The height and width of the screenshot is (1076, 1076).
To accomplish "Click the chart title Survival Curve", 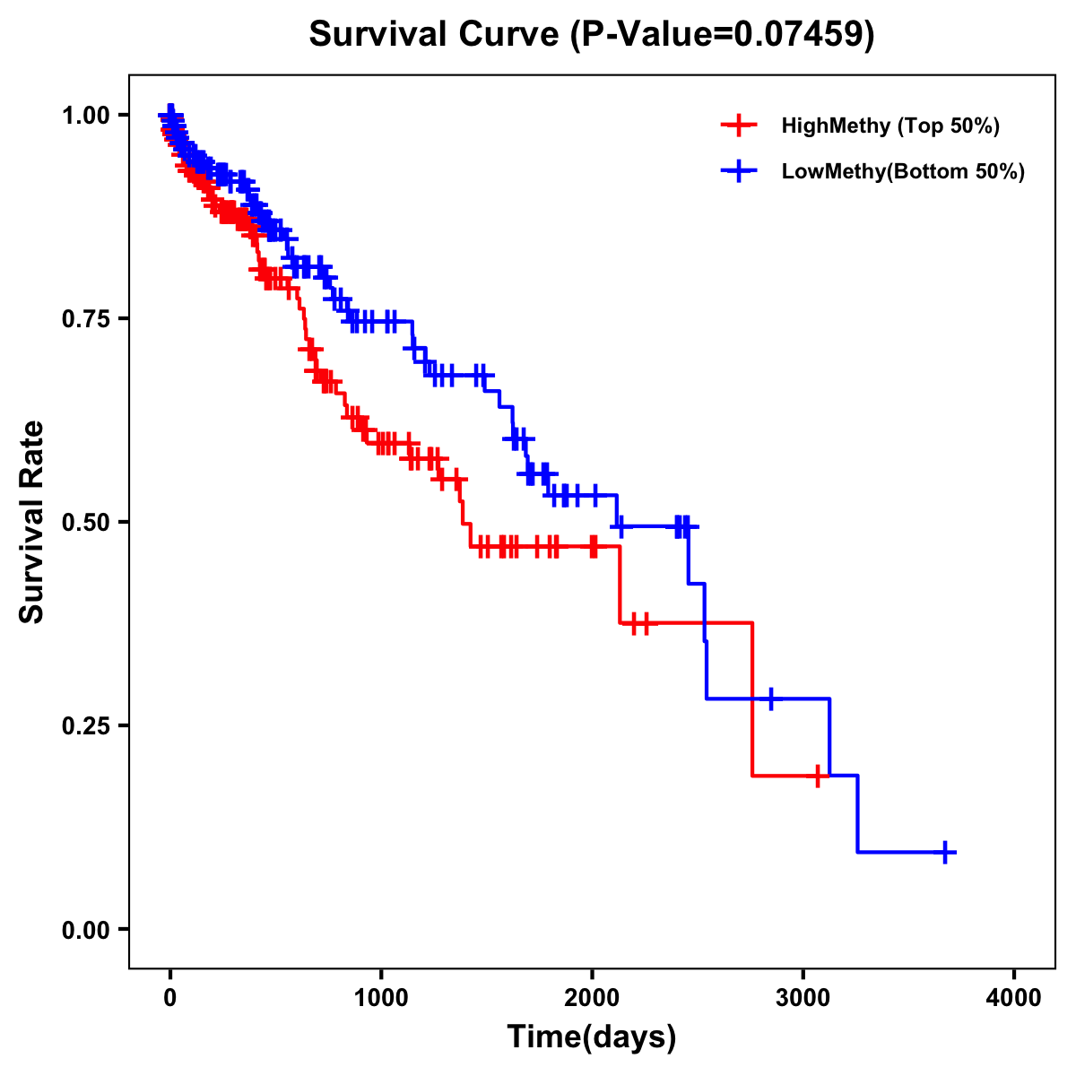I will click(437, 34).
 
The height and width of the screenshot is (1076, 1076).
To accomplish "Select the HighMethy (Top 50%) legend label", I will click(890, 126).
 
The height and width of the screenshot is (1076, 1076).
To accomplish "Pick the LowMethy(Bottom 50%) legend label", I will click(903, 171).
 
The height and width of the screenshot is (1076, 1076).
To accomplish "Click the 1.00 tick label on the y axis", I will click(86, 115).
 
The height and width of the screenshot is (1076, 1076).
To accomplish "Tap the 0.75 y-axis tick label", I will click(86, 318).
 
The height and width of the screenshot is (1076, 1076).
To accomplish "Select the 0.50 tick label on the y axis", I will click(86, 522).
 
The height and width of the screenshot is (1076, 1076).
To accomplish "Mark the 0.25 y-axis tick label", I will click(86, 725).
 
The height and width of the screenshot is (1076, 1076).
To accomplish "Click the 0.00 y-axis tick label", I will click(86, 929).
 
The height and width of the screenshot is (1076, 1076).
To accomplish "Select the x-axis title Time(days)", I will click(592, 1037).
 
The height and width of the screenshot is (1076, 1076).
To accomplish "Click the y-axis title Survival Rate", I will click(32, 522).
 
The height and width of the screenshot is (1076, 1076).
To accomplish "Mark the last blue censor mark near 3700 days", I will click(945, 852).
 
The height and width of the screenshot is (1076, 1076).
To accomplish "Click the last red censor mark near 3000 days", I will click(818, 776).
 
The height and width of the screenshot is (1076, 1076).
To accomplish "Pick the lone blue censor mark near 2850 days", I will click(770, 699).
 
